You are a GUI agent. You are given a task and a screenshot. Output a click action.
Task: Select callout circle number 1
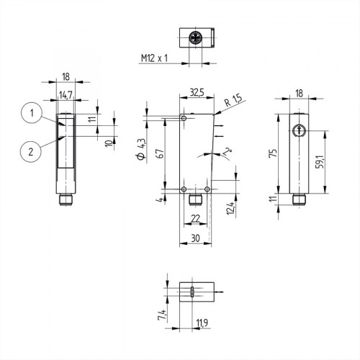click(x=30, y=112)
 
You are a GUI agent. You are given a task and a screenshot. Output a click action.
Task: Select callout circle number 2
click(x=30, y=150)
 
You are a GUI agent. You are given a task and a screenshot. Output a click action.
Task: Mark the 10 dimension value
click(x=109, y=143)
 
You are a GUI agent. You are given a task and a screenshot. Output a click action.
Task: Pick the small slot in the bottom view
click(x=193, y=292)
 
